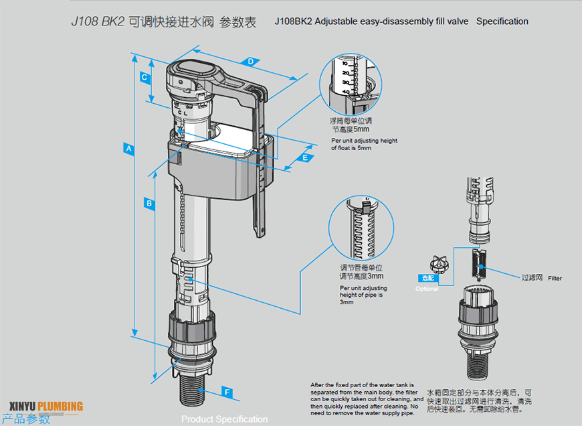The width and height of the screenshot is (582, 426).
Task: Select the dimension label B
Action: (x=150, y=202)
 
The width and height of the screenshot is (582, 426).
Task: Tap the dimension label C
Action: (x=144, y=78)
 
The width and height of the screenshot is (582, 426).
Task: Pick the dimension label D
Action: (x=250, y=62)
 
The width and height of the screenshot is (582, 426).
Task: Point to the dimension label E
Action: (x=304, y=157)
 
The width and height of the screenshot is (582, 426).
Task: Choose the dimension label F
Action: (x=227, y=391)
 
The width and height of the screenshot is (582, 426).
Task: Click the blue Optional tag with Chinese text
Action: (x=427, y=277)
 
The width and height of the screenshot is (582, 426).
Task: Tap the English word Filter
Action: (x=555, y=278)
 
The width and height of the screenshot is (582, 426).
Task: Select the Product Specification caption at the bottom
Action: (x=224, y=419)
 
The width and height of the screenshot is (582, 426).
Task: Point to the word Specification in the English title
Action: (x=502, y=21)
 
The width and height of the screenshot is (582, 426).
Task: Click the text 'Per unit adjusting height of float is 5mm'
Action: (x=364, y=144)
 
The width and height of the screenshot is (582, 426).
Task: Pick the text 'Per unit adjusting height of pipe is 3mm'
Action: (x=363, y=295)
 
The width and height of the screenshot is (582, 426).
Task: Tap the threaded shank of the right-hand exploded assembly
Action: (x=480, y=365)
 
